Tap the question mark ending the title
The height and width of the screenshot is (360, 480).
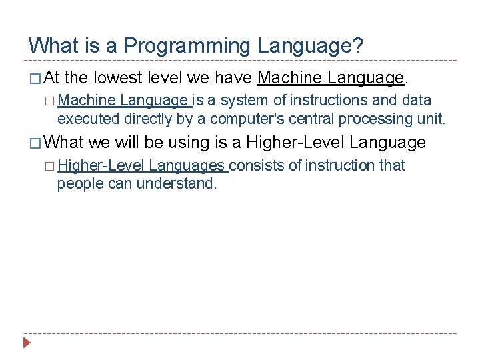(358, 46)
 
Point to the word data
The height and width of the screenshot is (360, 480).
(416, 101)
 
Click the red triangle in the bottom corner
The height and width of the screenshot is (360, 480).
(26, 343)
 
